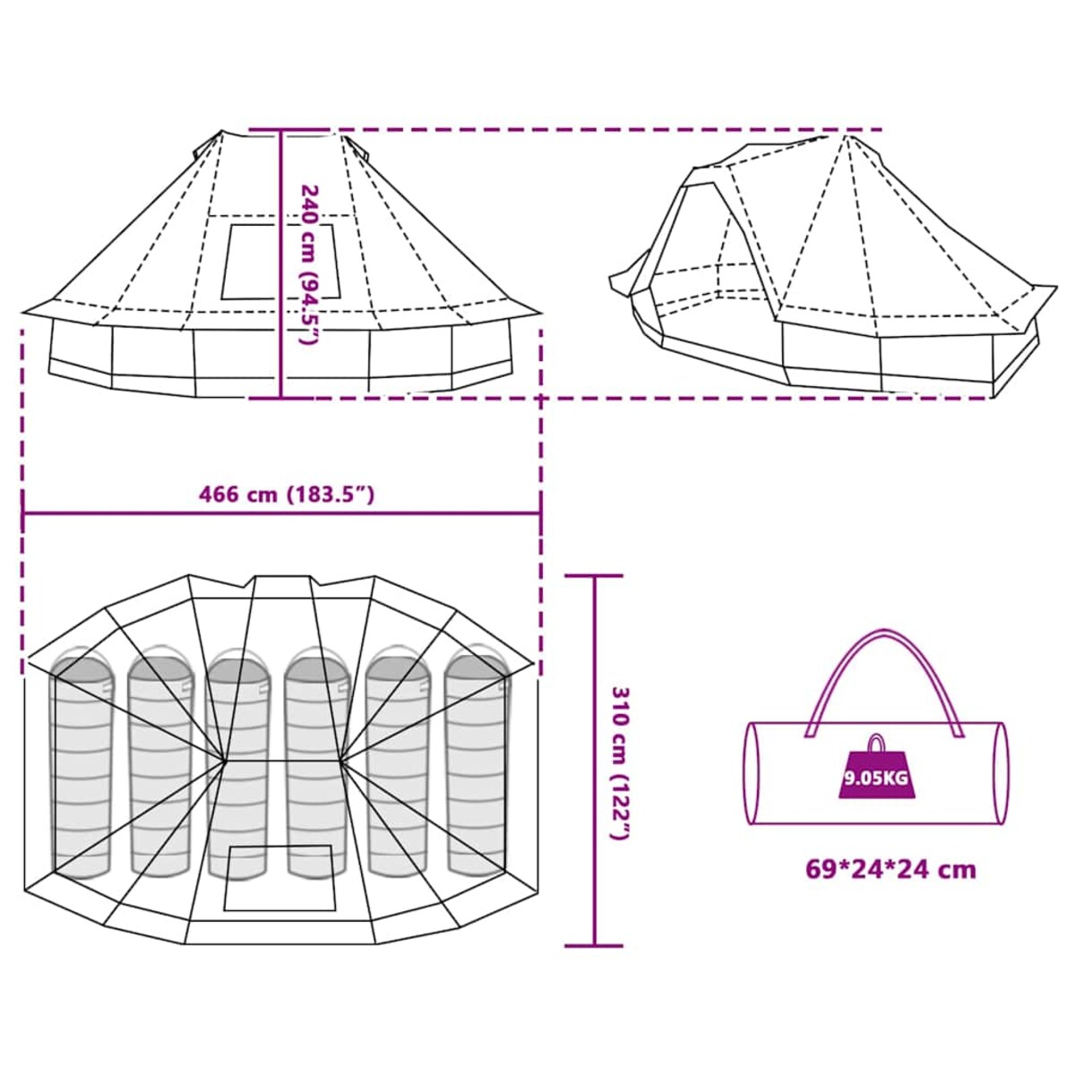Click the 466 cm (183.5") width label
pos(286,494)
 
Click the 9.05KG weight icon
pos(875,773)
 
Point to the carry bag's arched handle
pos(883,663)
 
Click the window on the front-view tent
pos(281,262)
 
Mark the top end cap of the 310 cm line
pos(594,576)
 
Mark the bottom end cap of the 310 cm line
pos(594,945)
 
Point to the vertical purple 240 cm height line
pos(281,358)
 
